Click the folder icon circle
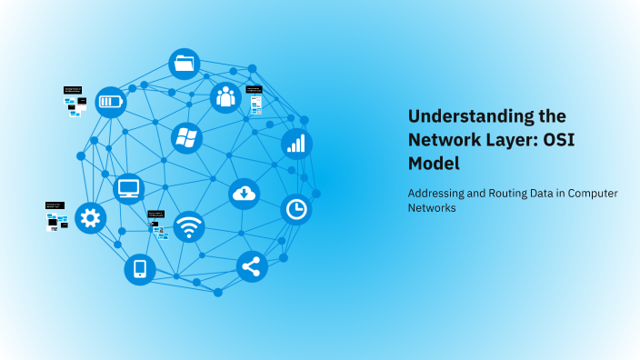185,64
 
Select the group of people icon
225,98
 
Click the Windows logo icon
186,138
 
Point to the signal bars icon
296,143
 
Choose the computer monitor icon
129,189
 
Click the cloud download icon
245,193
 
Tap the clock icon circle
295,209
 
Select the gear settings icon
90,217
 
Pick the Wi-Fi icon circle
189,226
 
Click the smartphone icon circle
139,268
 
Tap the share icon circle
251,266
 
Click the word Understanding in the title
461,116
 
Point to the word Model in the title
434,164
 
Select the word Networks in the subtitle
432,208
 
